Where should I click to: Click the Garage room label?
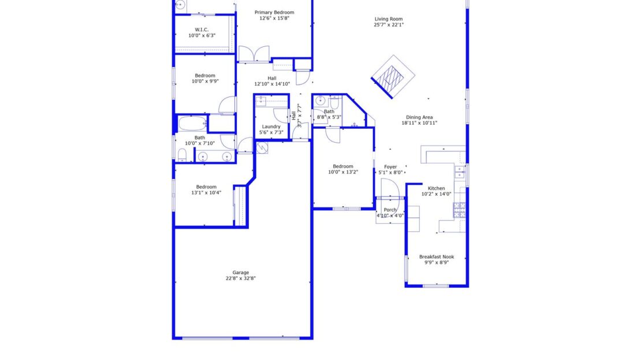tap(241, 273)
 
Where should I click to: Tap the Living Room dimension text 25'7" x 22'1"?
tap(388, 25)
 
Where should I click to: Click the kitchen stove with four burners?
tap(460, 210)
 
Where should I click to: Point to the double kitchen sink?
tap(460, 171)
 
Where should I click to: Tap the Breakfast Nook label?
tap(436, 257)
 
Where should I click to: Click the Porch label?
tap(390, 210)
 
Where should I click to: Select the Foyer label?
tap(390, 167)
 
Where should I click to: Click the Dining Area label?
tap(419, 117)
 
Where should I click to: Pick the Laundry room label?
tap(271, 127)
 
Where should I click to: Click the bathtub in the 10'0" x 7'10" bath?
tap(192, 124)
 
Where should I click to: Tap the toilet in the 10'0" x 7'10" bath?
tap(182, 154)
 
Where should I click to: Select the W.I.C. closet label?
tap(202, 29)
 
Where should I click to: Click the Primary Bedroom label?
tap(274, 12)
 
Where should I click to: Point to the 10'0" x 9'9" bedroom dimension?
tap(205, 81)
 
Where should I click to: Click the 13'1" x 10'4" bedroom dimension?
tap(206, 192)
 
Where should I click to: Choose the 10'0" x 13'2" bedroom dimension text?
tap(343, 172)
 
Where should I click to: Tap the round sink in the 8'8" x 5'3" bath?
tap(319, 99)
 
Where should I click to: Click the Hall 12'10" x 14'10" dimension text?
tap(272, 84)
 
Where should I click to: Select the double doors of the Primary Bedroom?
tap(254, 54)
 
